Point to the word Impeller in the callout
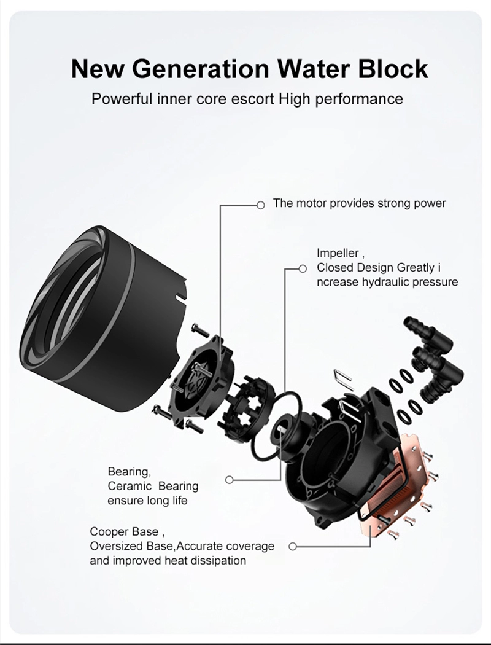point(338,253)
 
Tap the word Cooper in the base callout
point(108,531)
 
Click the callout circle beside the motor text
point(260,205)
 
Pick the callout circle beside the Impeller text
point(302,268)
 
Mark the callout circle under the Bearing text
point(229,480)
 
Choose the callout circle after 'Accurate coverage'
point(292,546)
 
